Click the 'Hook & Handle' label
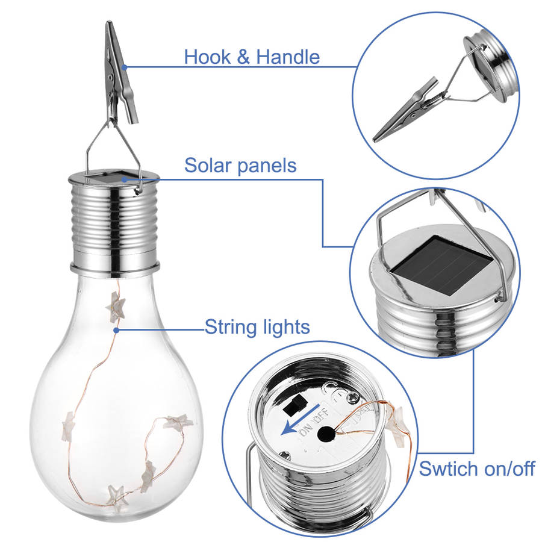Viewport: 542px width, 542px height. (252, 57)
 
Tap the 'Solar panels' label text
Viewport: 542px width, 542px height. (240, 165)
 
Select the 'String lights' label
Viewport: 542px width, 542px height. (257, 327)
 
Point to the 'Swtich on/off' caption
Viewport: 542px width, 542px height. (477, 469)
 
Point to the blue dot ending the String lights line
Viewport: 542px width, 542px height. (116, 331)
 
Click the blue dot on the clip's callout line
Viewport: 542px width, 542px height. (125, 67)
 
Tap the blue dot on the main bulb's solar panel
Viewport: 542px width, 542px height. (125, 179)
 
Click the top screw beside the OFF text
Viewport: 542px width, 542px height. (354, 398)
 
